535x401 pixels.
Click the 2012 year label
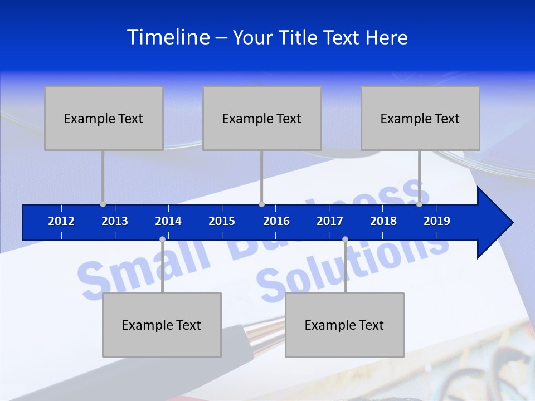click(x=61, y=221)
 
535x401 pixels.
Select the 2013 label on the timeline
click(x=115, y=221)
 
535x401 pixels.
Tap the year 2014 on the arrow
click(x=168, y=221)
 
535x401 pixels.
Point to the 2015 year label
click(x=222, y=221)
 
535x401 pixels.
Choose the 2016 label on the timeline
click(x=276, y=221)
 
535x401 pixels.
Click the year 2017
click(x=330, y=221)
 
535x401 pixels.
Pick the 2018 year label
click(x=383, y=221)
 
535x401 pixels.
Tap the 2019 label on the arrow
click(x=437, y=221)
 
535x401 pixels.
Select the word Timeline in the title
click(x=168, y=37)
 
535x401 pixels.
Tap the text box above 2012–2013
click(x=104, y=118)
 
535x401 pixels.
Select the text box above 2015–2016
click(x=262, y=118)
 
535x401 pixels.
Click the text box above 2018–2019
click(x=420, y=118)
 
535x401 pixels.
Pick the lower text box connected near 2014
click(x=162, y=325)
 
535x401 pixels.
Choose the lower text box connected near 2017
click(x=344, y=325)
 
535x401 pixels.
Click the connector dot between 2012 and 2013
click(x=103, y=204)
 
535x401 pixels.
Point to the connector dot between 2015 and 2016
click(x=261, y=204)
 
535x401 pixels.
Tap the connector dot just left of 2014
click(x=162, y=239)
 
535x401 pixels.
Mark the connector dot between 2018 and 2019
click(x=419, y=204)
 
